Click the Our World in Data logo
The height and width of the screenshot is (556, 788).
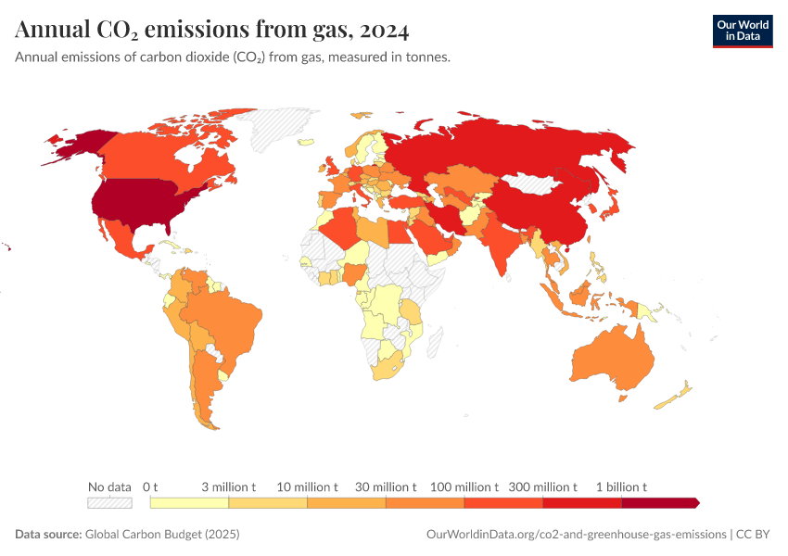[742, 31]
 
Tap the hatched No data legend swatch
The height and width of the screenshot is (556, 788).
[109, 503]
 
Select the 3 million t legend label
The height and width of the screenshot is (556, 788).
[228, 486]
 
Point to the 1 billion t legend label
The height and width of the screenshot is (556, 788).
[620, 486]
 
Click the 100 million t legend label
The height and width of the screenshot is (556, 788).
[464, 486]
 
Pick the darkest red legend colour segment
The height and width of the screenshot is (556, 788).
[658, 503]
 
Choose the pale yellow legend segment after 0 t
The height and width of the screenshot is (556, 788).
[189, 503]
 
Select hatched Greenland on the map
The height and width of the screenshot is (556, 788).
[283, 130]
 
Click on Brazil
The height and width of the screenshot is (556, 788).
[222, 320]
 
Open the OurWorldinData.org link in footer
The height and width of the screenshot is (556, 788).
[576, 535]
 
